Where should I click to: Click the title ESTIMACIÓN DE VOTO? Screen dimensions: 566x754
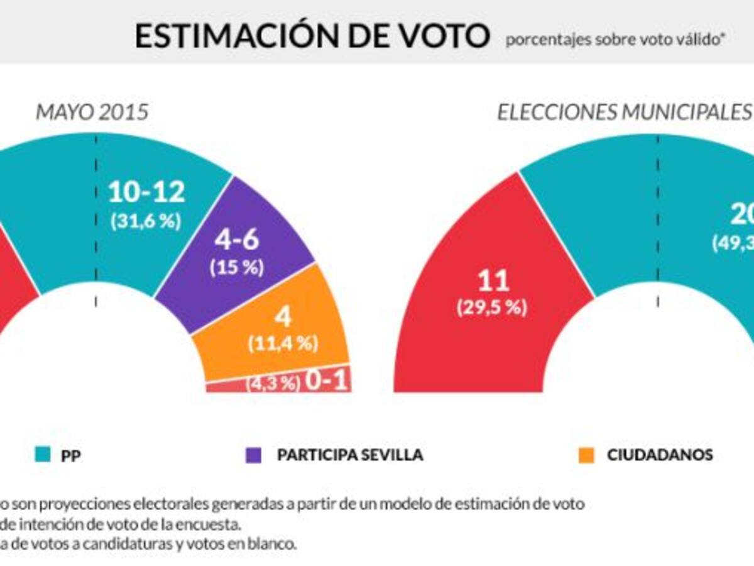tap(312, 36)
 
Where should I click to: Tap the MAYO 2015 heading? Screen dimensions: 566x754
tap(92, 113)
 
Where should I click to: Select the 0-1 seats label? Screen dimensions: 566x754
tap(326, 381)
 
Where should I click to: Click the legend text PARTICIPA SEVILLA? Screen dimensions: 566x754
tap(350, 455)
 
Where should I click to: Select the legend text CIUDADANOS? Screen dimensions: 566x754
tap(660, 455)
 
